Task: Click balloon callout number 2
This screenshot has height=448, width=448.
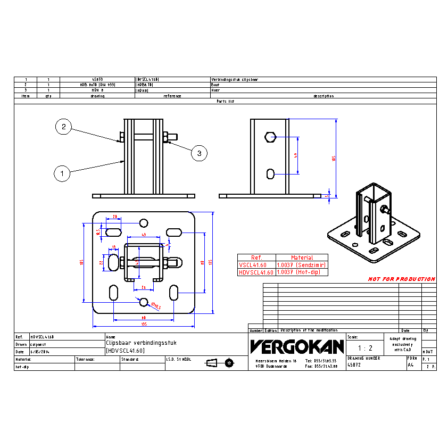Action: [x=63, y=127]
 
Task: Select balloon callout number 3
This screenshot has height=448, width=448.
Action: [x=199, y=154]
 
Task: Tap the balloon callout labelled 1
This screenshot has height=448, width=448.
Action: [x=62, y=173]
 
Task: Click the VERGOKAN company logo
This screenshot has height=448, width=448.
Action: [x=297, y=347]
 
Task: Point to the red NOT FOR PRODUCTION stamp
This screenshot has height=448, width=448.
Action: [x=401, y=279]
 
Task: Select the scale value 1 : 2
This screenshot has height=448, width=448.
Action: [x=364, y=348]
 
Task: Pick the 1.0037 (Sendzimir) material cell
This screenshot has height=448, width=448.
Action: [x=301, y=264]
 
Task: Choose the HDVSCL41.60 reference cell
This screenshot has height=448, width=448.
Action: [x=256, y=272]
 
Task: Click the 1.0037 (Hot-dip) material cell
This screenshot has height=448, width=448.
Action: [x=301, y=272]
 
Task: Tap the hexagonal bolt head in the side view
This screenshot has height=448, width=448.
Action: [x=270, y=137]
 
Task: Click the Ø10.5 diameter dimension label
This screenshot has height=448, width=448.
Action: [x=156, y=306]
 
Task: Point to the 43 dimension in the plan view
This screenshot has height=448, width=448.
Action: [x=144, y=235]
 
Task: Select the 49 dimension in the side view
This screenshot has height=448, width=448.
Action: [x=296, y=155]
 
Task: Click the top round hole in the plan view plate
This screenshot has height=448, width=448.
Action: [x=144, y=222]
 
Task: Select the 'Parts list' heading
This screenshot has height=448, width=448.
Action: [x=225, y=101]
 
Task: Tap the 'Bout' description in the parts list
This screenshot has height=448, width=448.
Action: [x=215, y=85]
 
